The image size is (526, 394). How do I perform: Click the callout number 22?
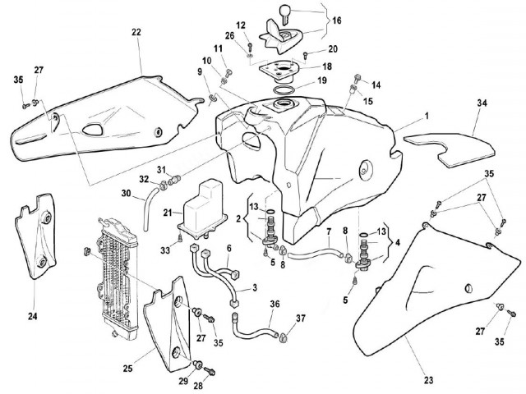click(x=136, y=32)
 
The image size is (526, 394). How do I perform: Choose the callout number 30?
click(x=126, y=194)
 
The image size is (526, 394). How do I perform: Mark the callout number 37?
click(x=301, y=318)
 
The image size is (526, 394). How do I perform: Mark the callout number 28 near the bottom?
click(x=198, y=384)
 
